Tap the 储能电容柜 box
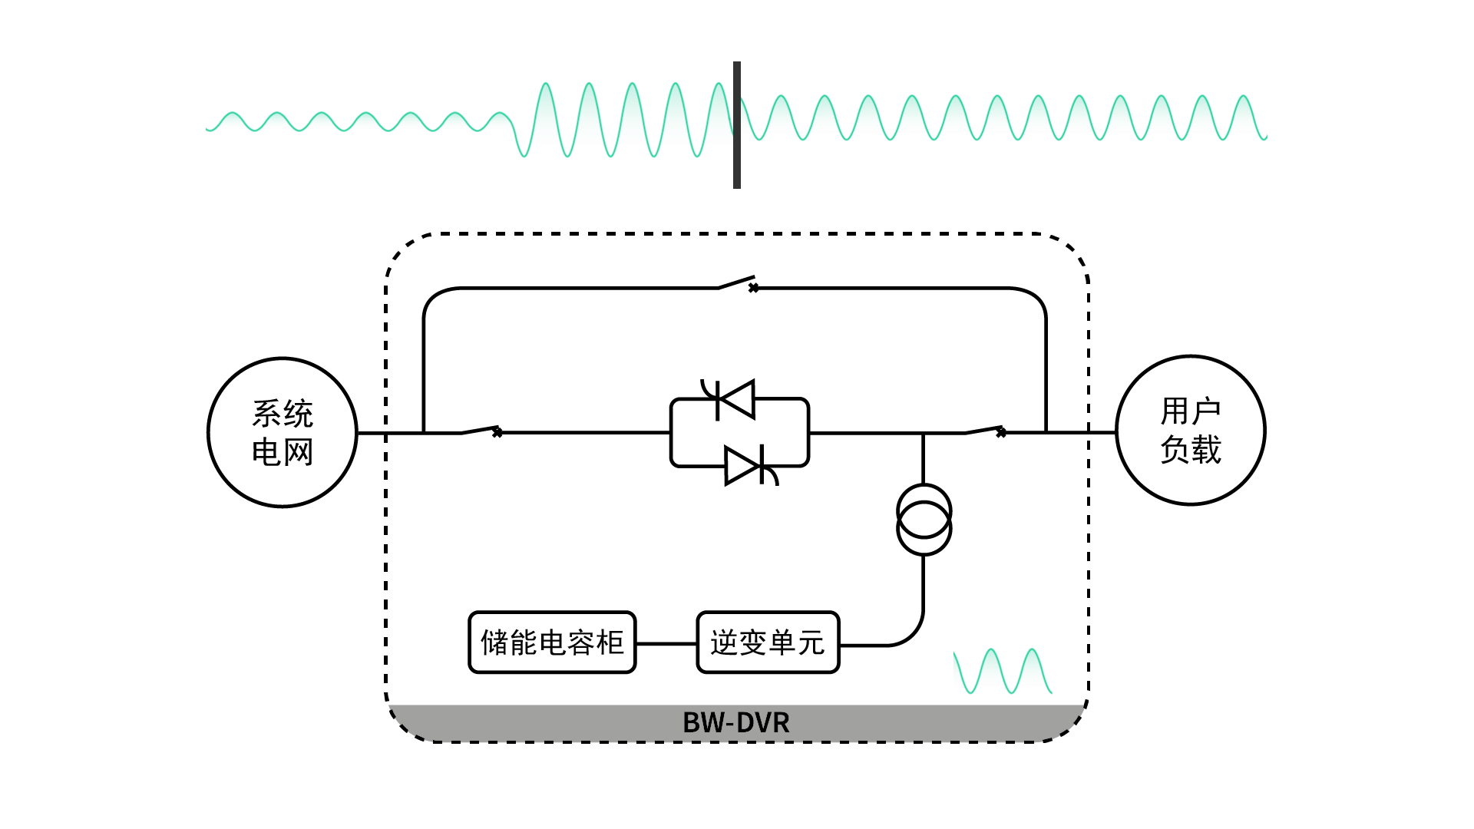(x=552, y=642)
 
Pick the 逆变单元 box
(x=768, y=642)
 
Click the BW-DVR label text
(x=735, y=722)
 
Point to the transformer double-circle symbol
(x=924, y=520)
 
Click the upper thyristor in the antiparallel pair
(x=735, y=399)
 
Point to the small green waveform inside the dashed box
(x=1003, y=672)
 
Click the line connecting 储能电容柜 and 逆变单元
(x=666, y=643)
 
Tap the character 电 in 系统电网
(x=266, y=452)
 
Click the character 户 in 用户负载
(x=1206, y=411)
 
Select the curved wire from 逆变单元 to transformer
(x=910, y=633)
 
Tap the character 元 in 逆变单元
(x=811, y=642)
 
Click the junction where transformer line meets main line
(x=923, y=433)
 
